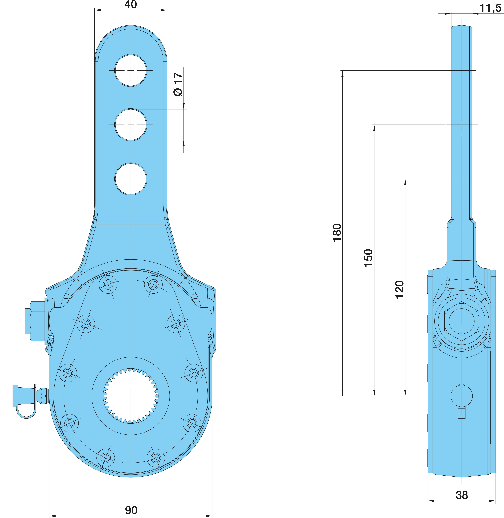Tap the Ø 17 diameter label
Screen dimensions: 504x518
coord(178,84)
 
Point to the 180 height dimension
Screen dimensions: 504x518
coord(337,233)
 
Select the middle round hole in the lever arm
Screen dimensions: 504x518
coord(131,125)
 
